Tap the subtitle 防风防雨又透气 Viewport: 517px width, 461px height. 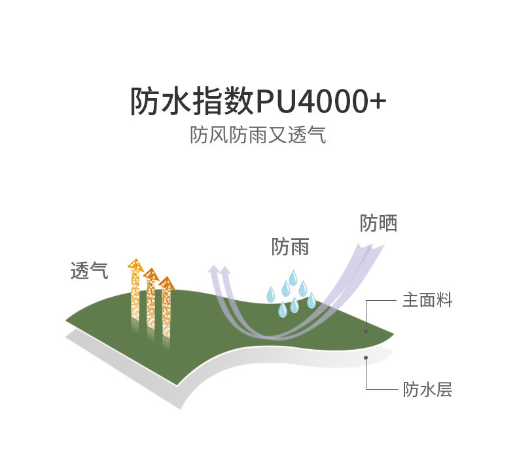pyautogui.click(x=258, y=135)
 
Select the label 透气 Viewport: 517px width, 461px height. pyautogui.click(x=89, y=270)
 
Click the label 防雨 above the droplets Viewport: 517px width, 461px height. pyautogui.click(x=290, y=247)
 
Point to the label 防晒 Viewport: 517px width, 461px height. pyautogui.click(x=378, y=223)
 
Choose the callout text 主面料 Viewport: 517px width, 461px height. pyautogui.click(x=427, y=301)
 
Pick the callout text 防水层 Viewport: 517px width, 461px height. pyautogui.click(x=427, y=390)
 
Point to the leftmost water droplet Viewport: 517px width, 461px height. pyautogui.click(x=270, y=295)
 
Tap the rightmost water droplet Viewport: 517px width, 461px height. pyautogui.click(x=312, y=300)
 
